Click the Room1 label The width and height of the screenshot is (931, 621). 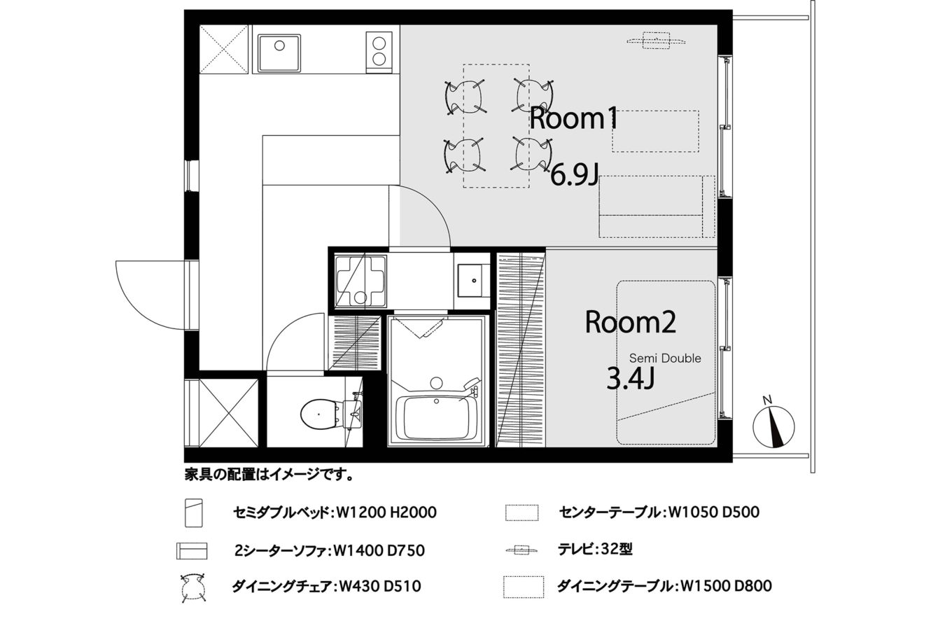tap(573, 118)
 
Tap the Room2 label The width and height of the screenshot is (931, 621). tap(631, 323)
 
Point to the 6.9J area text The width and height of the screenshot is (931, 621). tap(575, 176)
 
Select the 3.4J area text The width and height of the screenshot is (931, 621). tap(631, 379)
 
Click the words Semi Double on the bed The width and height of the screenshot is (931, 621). tap(665, 358)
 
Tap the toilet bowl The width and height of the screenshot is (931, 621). tap(318, 414)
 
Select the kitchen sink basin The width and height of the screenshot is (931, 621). tap(279, 53)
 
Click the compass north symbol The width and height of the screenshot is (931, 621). tap(773, 426)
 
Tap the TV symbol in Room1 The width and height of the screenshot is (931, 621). tap(656, 41)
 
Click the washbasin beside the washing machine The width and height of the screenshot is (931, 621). tap(474, 281)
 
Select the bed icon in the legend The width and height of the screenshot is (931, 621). tap(194, 513)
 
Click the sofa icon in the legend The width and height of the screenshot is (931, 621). tap(192, 551)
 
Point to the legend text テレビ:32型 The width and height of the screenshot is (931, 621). tap(595, 550)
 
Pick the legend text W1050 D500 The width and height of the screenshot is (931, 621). tap(713, 512)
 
